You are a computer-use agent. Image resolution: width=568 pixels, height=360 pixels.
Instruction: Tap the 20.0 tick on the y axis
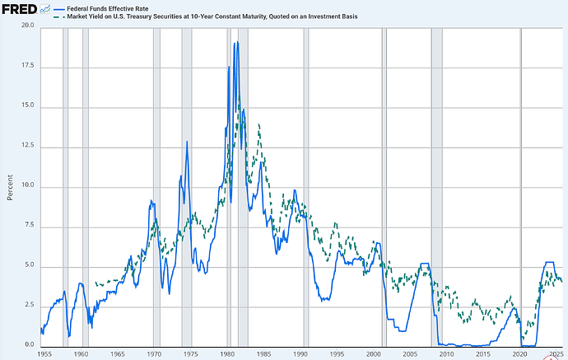[x=28, y=26]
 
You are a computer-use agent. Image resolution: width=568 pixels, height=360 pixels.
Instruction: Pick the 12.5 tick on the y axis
[x=28, y=147]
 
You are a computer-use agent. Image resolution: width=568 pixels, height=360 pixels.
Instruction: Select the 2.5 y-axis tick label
[x=28, y=306]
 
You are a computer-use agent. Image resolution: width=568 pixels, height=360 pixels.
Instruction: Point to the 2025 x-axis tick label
[x=556, y=353]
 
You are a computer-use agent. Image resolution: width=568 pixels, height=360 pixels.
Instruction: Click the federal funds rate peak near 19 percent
[x=235, y=42]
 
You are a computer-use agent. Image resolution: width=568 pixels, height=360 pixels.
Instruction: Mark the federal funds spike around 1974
[x=187, y=142]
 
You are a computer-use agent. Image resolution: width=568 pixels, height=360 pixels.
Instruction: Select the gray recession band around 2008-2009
[x=436, y=185]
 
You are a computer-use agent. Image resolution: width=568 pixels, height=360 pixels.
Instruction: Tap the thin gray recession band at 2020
[x=520, y=185]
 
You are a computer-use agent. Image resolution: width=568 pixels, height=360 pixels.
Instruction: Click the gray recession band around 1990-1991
[x=306, y=185]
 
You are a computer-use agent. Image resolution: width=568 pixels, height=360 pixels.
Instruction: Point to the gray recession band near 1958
[x=66, y=185]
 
